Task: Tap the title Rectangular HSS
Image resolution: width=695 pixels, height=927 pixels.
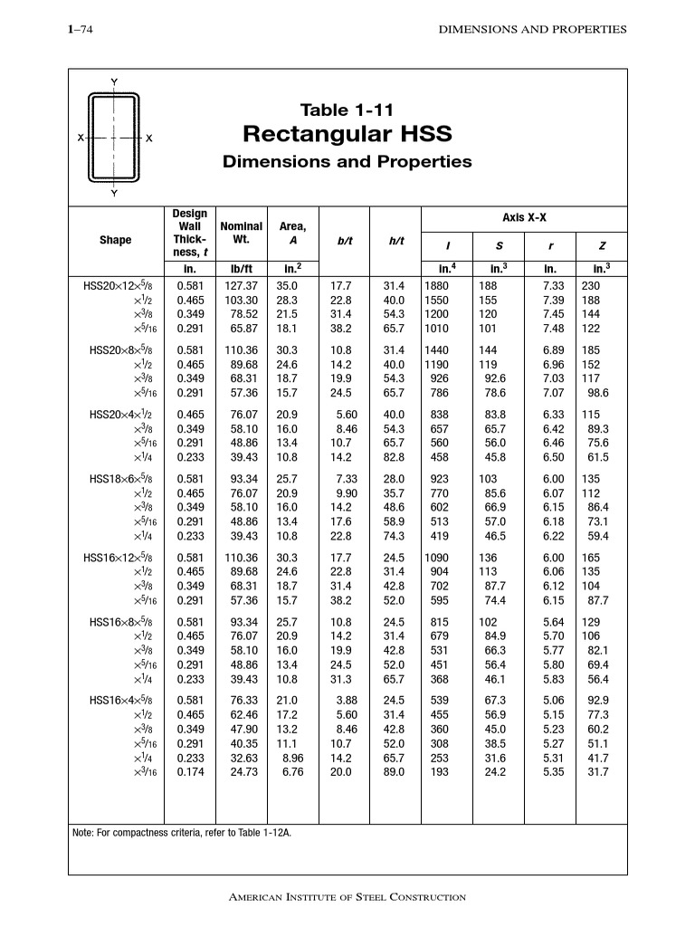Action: click(x=347, y=135)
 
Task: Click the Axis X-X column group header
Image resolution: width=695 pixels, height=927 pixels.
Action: click(x=524, y=217)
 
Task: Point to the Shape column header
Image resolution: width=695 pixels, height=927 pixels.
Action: click(x=115, y=240)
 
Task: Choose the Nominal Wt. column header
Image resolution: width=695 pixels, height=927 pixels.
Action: click(x=241, y=233)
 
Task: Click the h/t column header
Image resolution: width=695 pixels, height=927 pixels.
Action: click(x=395, y=241)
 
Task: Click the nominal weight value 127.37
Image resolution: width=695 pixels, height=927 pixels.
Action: click(x=242, y=285)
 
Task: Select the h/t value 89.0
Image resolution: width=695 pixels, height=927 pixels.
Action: click(x=394, y=772)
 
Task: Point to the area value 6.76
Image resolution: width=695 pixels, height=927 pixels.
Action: click(x=292, y=772)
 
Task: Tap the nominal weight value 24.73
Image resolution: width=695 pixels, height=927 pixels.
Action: click(x=242, y=772)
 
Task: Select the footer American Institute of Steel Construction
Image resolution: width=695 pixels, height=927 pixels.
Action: click(x=347, y=897)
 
